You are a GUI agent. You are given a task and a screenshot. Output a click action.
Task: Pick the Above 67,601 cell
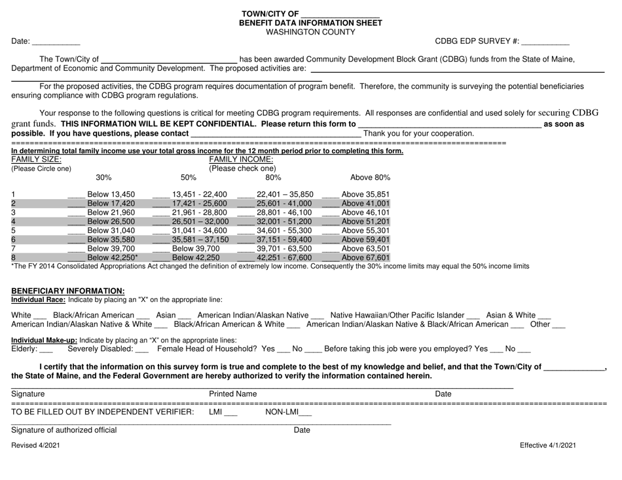point(366,258)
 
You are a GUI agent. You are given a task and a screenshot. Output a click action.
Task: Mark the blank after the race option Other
point(558,326)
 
